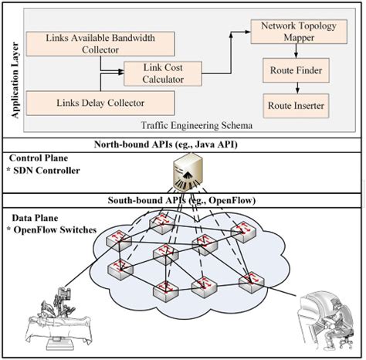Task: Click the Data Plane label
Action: pos(30,217)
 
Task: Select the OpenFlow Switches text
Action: pos(52,229)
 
